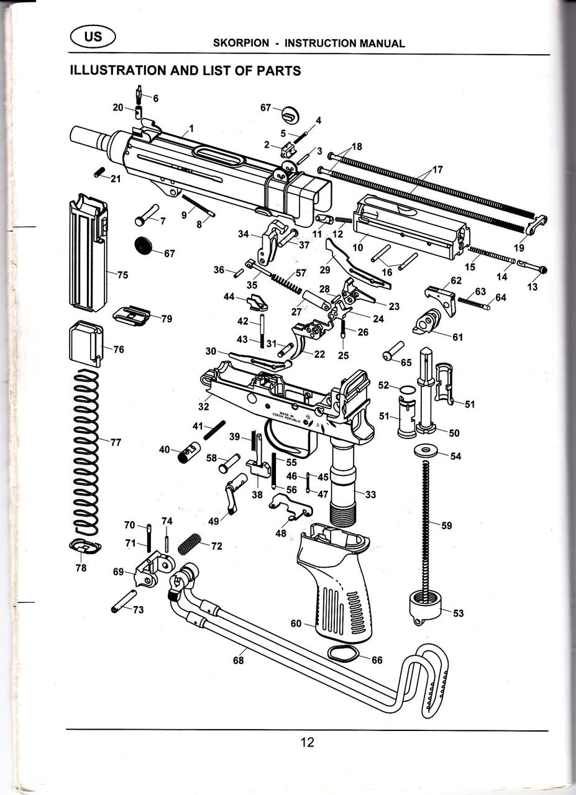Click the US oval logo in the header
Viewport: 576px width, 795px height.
(x=93, y=36)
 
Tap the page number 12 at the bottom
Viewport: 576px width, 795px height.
(x=307, y=742)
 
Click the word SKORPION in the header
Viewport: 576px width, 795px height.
(x=241, y=43)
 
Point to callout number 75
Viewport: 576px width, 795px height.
(x=123, y=275)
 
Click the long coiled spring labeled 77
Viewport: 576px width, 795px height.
(x=86, y=453)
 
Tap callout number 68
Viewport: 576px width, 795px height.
(x=239, y=660)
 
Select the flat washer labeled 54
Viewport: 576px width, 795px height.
(x=426, y=450)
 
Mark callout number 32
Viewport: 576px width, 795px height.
(x=203, y=407)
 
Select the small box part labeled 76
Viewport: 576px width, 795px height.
(x=84, y=343)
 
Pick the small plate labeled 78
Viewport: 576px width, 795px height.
(x=85, y=547)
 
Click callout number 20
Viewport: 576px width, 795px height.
(x=118, y=107)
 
